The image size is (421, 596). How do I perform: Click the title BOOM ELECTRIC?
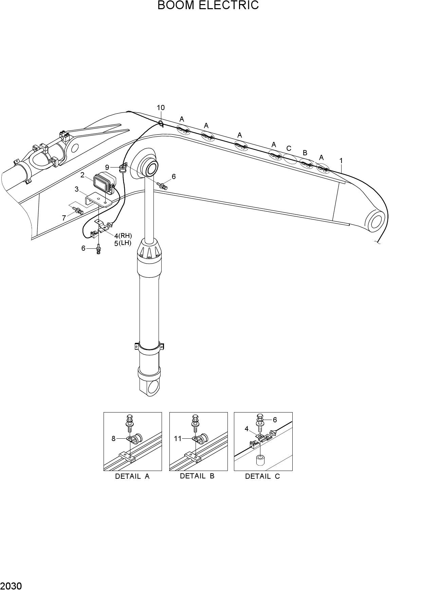coord(208,5)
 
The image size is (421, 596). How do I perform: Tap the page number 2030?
coord(11,586)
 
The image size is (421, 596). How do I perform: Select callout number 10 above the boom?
coord(161,107)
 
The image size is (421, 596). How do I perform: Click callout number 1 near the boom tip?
coord(341,161)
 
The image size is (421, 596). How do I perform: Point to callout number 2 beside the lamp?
coord(83,175)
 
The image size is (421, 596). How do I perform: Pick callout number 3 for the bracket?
coord(77,189)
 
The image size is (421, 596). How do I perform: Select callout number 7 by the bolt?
coord(64,218)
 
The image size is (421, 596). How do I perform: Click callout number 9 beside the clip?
coord(107,167)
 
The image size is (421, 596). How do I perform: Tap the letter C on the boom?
coord(289,148)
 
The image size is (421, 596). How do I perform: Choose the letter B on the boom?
coord(305,153)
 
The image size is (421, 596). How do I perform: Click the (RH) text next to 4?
coord(125,235)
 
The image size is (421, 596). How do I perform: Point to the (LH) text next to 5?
coord(125,243)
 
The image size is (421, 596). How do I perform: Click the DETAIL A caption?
coord(132,476)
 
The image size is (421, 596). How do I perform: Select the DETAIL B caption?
coord(197,476)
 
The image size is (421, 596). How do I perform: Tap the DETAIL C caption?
coord(262,476)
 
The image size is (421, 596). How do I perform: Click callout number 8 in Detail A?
coord(114,439)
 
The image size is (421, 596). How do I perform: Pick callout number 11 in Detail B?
coord(178,439)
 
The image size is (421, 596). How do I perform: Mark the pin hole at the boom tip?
coord(376,221)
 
